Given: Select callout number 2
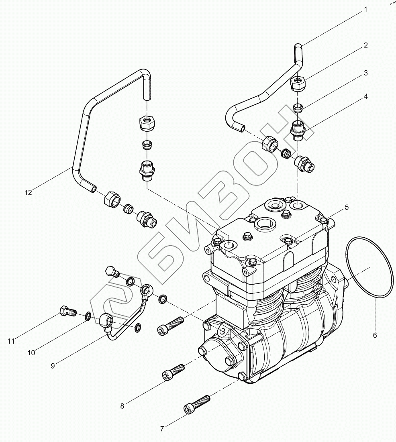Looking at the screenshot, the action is pyautogui.click(x=365, y=45).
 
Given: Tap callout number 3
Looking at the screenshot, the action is pyautogui.click(x=365, y=73).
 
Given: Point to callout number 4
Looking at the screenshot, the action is pyautogui.click(x=365, y=96).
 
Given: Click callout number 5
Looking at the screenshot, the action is pyautogui.click(x=346, y=207).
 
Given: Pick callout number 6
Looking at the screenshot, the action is pyautogui.click(x=375, y=335).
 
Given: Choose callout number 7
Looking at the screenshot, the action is pyautogui.click(x=162, y=429).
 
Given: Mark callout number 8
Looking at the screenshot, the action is pyautogui.click(x=122, y=405).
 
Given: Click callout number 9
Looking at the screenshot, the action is pyautogui.click(x=53, y=365).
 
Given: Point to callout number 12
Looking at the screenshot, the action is pyautogui.click(x=27, y=192).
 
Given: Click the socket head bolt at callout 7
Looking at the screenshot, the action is pyautogui.click(x=196, y=404).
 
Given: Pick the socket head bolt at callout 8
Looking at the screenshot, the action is pyautogui.click(x=173, y=372).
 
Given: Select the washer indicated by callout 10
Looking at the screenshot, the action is pyautogui.click(x=88, y=317).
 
